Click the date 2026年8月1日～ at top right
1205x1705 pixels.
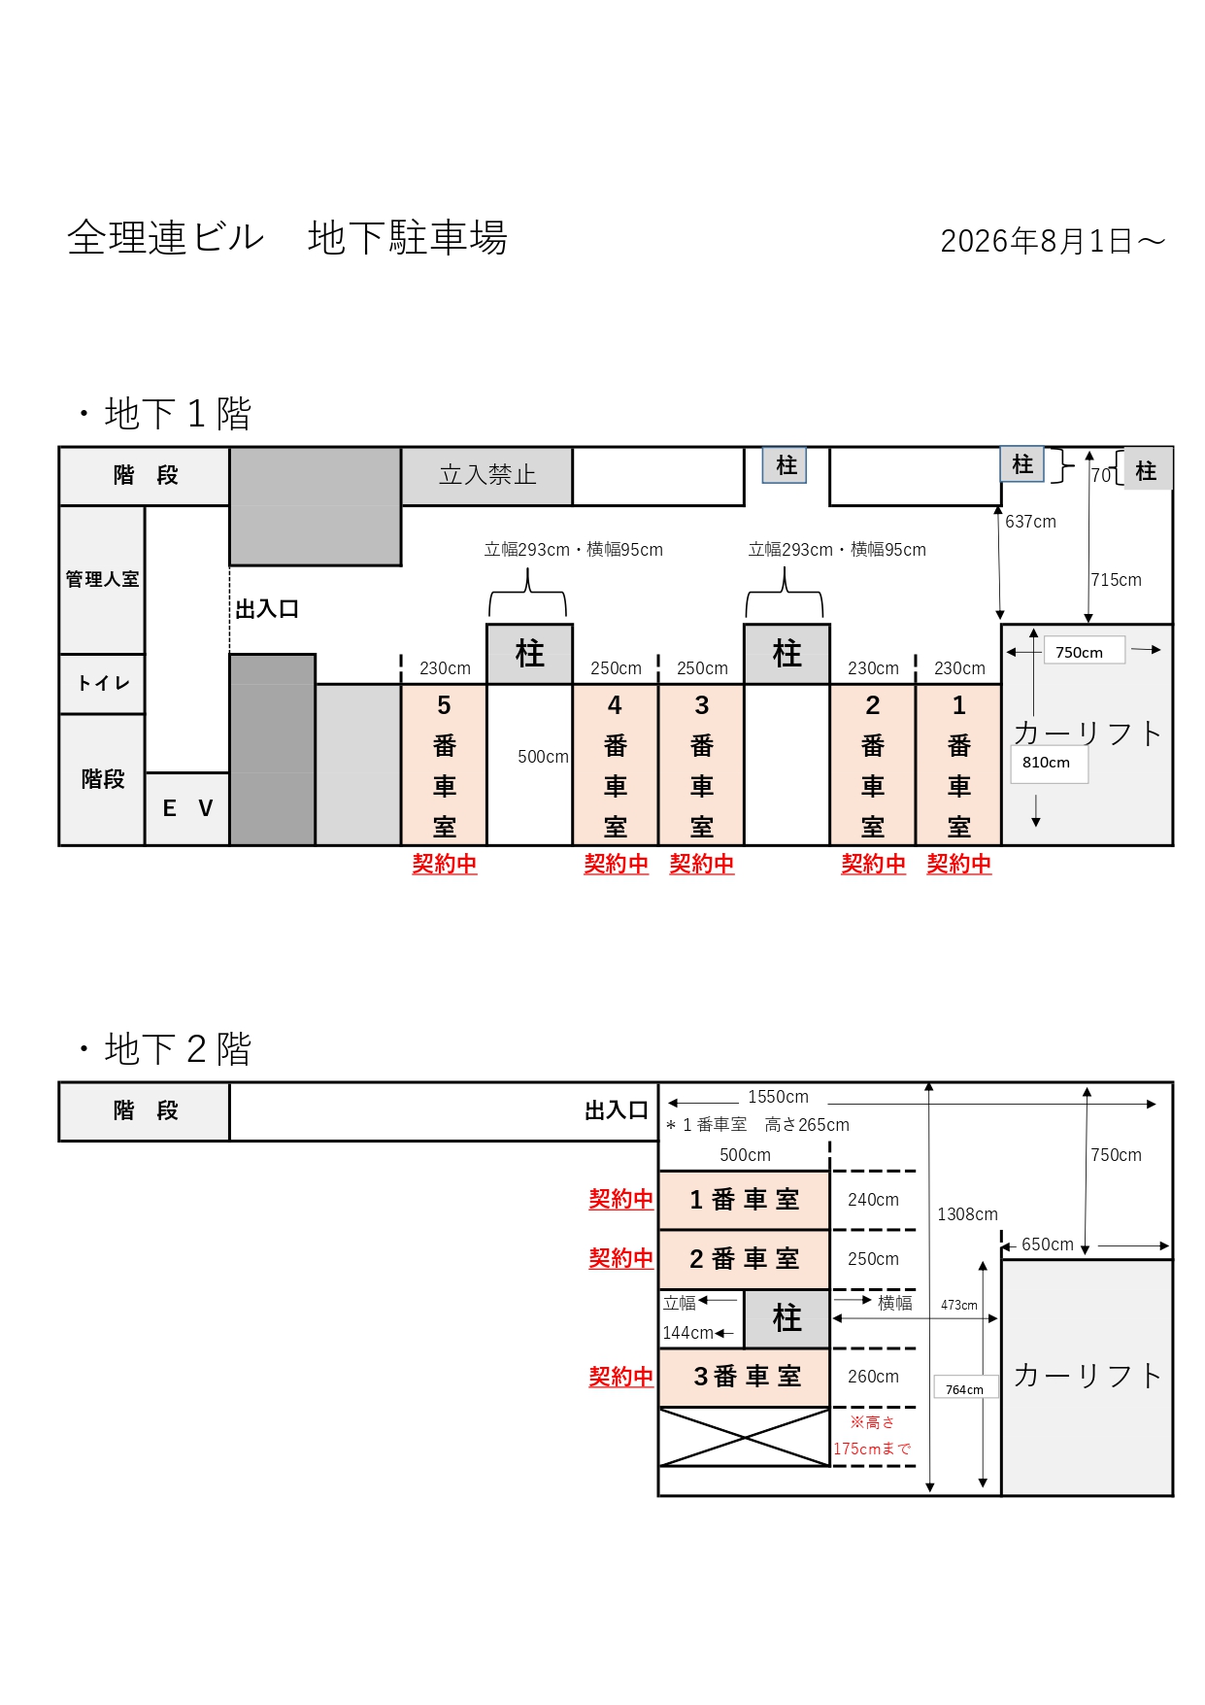(1053, 241)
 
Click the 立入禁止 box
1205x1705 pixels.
(487, 476)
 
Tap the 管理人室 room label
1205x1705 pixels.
(102, 580)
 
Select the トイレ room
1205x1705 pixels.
(102, 684)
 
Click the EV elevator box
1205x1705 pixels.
(187, 809)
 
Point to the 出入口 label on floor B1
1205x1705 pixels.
(267, 609)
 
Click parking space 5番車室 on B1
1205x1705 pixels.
(444, 766)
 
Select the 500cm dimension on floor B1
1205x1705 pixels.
(543, 757)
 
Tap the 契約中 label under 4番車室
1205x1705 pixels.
(616, 864)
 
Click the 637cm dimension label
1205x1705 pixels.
(1030, 522)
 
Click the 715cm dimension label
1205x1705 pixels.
(1117, 580)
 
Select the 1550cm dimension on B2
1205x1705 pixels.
(778, 1097)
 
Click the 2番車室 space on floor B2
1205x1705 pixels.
(745, 1259)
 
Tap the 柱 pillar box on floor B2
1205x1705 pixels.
(787, 1318)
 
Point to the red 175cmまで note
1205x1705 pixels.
(872, 1449)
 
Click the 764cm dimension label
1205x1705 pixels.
(964, 1389)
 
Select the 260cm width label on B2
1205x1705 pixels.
(873, 1377)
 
